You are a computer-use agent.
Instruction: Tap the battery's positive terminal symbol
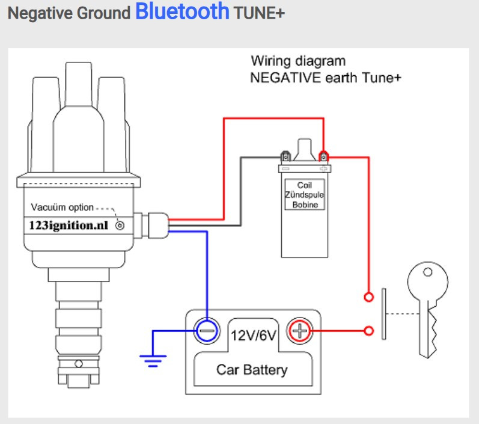click(x=299, y=330)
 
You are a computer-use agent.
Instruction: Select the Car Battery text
click(x=252, y=369)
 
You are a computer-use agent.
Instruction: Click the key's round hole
click(x=427, y=272)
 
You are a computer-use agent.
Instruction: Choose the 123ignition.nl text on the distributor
click(x=72, y=226)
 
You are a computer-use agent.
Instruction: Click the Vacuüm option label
click(x=62, y=207)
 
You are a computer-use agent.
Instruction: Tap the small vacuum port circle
click(x=120, y=226)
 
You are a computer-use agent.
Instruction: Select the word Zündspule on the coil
click(x=306, y=195)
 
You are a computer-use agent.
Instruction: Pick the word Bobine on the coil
click(x=306, y=205)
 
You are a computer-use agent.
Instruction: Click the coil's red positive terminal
click(x=325, y=157)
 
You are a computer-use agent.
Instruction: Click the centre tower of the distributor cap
click(x=74, y=90)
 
